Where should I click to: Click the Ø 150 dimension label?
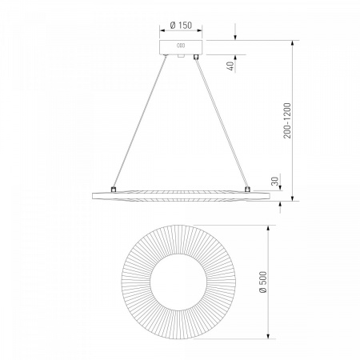(x=181, y=26)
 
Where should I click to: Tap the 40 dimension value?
(x=231, y=66)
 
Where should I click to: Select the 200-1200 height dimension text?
(x=287, y=121)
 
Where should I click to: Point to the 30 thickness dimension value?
(x=275, y=181)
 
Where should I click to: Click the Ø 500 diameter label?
(x=263, y=282)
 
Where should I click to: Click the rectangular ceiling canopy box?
(x=181, y=47)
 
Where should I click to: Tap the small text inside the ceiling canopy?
(x=181, y=46)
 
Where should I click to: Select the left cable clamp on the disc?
(x=114, y=190)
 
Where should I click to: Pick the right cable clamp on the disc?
(x=247, y=189)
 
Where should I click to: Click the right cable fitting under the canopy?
(x=196, y=57)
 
